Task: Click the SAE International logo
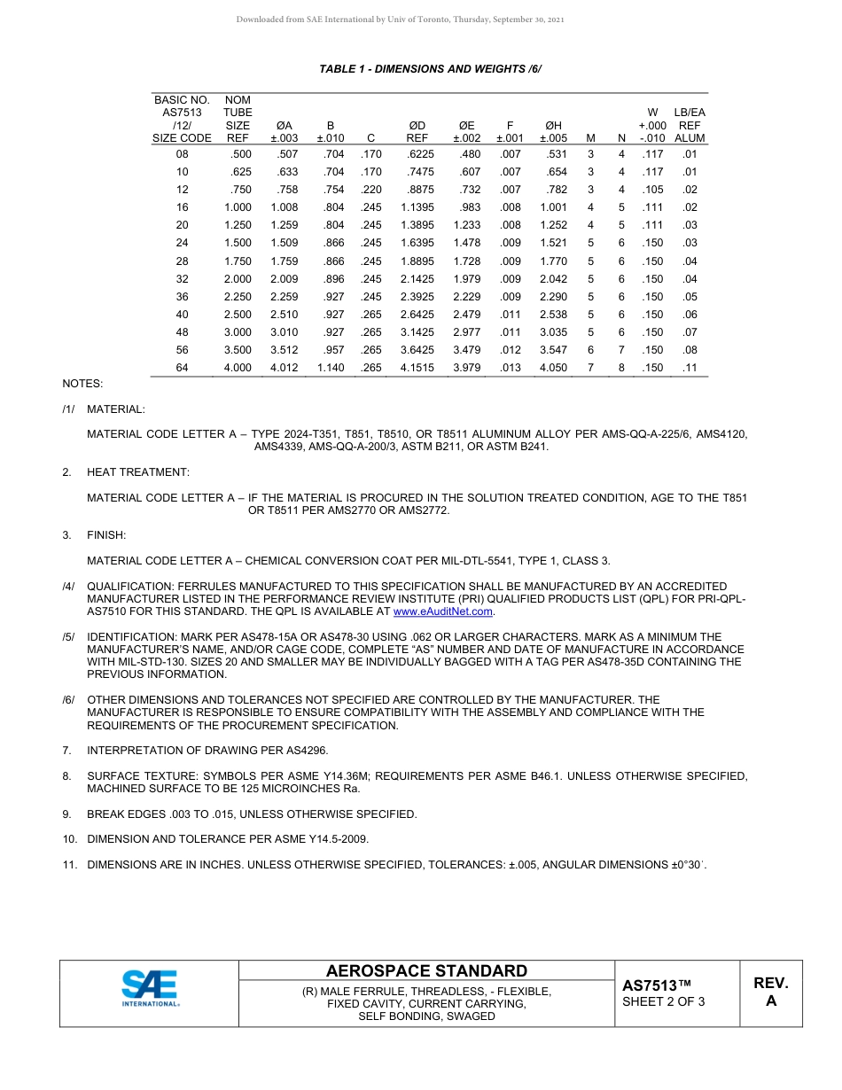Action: point(151,988)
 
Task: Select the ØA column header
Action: point(285,132)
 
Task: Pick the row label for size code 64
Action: point(183,368)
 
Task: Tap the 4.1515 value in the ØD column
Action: point(417,368)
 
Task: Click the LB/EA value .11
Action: point(690,368)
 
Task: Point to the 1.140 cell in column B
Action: point(331,368)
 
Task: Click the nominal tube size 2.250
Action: point(238,297)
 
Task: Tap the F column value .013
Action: point(510,368)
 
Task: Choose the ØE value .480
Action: point(471,154)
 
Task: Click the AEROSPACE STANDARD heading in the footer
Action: point(426,971)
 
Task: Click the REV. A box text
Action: point(770,992)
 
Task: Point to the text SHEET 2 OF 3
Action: point(664,1002)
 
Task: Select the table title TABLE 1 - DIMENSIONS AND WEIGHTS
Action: point(430,68)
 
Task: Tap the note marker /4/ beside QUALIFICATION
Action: point(68,587)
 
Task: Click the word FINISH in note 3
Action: point(106,535)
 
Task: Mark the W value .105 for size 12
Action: point(651,190)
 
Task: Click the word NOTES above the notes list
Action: point(82,384)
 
